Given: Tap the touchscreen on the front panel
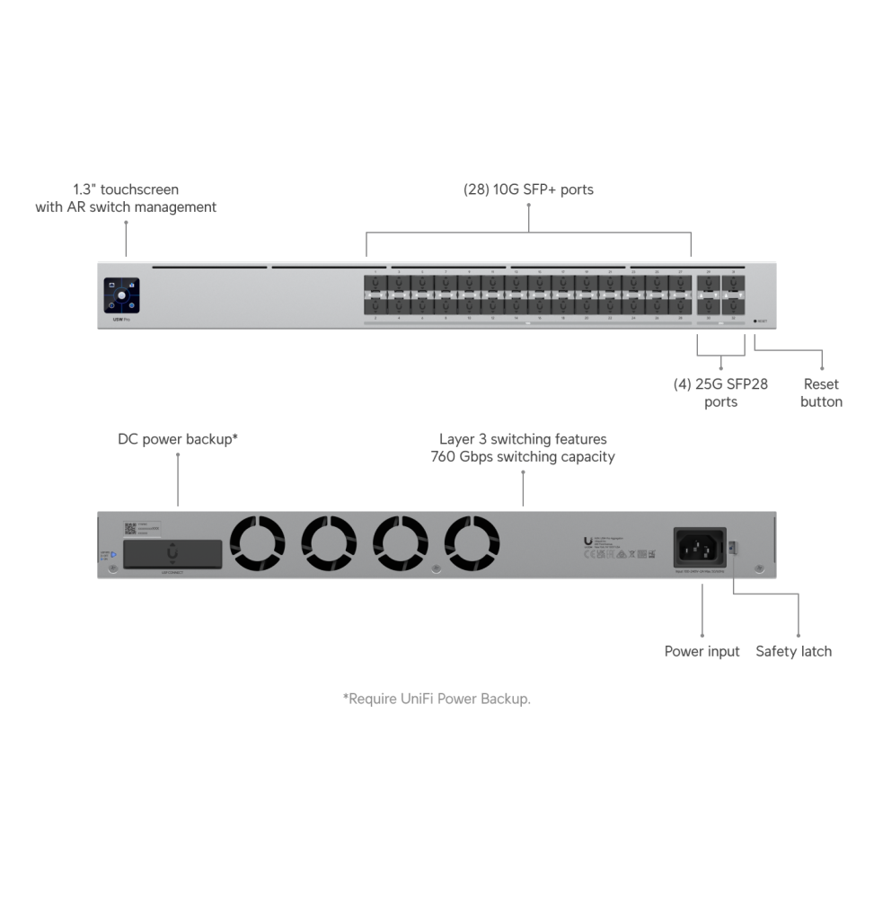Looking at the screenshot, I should point(121,293).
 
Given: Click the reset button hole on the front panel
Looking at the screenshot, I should point(755,321).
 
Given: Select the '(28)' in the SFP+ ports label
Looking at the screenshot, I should point(476,189).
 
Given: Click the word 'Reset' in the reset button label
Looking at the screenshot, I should point(821,384).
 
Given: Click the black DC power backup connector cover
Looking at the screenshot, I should point(172,553).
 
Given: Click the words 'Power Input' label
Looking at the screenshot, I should point(702,651).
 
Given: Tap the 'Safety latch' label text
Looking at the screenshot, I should point(793,651).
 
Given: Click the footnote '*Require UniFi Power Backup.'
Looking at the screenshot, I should point(437,698).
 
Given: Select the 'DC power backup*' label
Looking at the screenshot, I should point(178,439).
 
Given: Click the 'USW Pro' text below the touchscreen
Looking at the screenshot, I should point(112,319).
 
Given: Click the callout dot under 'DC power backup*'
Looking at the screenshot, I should point(178,455).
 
